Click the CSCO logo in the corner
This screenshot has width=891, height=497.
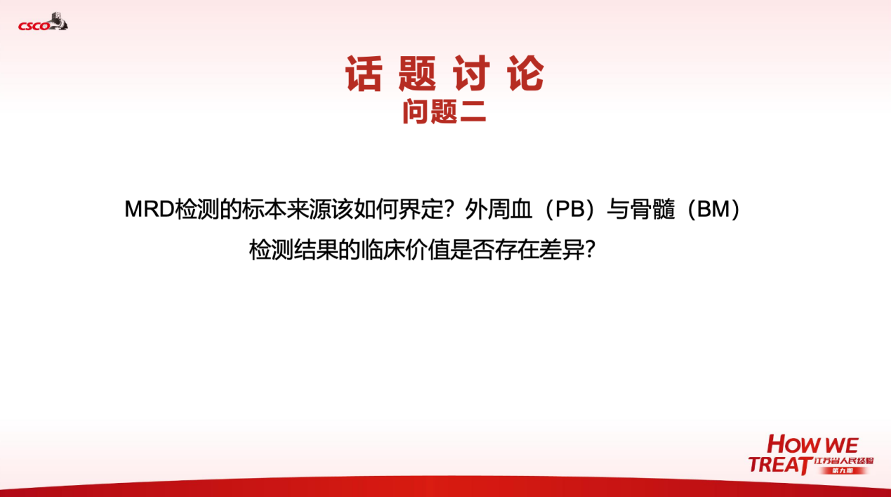(x=43, y=22)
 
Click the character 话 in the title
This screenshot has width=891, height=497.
(x=364, y=73)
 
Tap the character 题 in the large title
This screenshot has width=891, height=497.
(x=417, y=73)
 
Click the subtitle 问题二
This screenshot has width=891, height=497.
(x=444, y=112)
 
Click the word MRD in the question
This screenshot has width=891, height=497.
(x=150, y=209)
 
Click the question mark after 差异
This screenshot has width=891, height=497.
(x=590, y=249)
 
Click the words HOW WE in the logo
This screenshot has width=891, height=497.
(x=812, y=444)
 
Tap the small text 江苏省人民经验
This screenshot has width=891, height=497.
(x=843, y=460)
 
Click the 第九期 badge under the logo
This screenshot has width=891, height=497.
(x=843, y=470)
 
